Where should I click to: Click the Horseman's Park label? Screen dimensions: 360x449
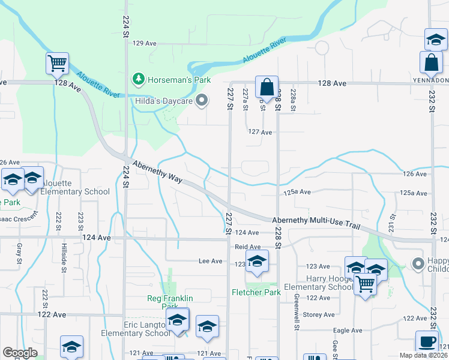click(x=171, y=79)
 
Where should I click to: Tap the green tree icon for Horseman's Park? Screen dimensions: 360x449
click(x=139, y=79)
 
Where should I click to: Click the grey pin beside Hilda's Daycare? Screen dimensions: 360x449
click(x=202, y=101)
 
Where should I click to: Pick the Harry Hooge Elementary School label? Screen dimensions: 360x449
click(x=318, y=282)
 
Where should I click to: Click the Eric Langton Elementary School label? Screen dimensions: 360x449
click(x=136, y=329)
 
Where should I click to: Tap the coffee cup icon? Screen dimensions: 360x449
click(x=426, y=341)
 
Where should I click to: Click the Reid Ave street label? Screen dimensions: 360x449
click(x=247, y=247)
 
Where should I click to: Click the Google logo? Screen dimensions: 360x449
click(x=20, y=353)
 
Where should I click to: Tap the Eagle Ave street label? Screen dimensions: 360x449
click(x=348, y=331)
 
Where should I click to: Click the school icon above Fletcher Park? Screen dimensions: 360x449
click(x=257, y=261)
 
